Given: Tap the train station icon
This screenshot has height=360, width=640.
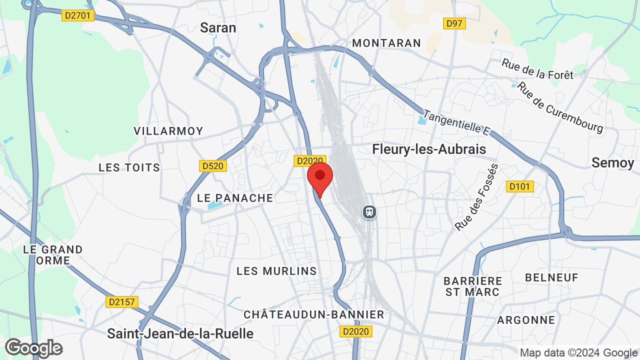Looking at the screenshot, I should (x=369, y=212).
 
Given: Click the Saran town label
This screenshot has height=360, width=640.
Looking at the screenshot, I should (x=218, y=27).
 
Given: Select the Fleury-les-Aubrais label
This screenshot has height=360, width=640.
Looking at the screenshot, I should (x=429, y=149).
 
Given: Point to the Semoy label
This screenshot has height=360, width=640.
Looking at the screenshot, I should (x=612, y=162).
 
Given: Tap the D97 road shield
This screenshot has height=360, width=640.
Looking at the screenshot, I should (x=454, y=23).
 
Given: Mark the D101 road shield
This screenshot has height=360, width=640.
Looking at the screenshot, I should (x=520, y=186).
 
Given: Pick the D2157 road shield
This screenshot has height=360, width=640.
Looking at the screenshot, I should (x=122, y=301).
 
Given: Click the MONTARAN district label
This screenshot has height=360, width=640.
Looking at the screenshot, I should (x=386, y=43).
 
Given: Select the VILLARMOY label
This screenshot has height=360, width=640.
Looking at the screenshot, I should (x=168, y=131).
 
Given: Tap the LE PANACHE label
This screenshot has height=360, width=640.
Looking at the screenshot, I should (x=235, y=198).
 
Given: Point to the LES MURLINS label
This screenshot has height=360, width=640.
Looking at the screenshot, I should (x=276, y=271).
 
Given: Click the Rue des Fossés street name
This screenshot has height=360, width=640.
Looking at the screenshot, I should (x=477, y=197).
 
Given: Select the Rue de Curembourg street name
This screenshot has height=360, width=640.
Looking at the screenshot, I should (x=560, y=107).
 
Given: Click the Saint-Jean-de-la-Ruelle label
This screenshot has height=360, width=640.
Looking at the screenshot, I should (x=180, y=333).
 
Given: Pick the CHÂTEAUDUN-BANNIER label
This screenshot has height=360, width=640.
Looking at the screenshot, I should (x=313, y=314).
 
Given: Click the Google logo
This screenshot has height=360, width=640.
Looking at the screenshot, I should (x=33, y=348).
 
